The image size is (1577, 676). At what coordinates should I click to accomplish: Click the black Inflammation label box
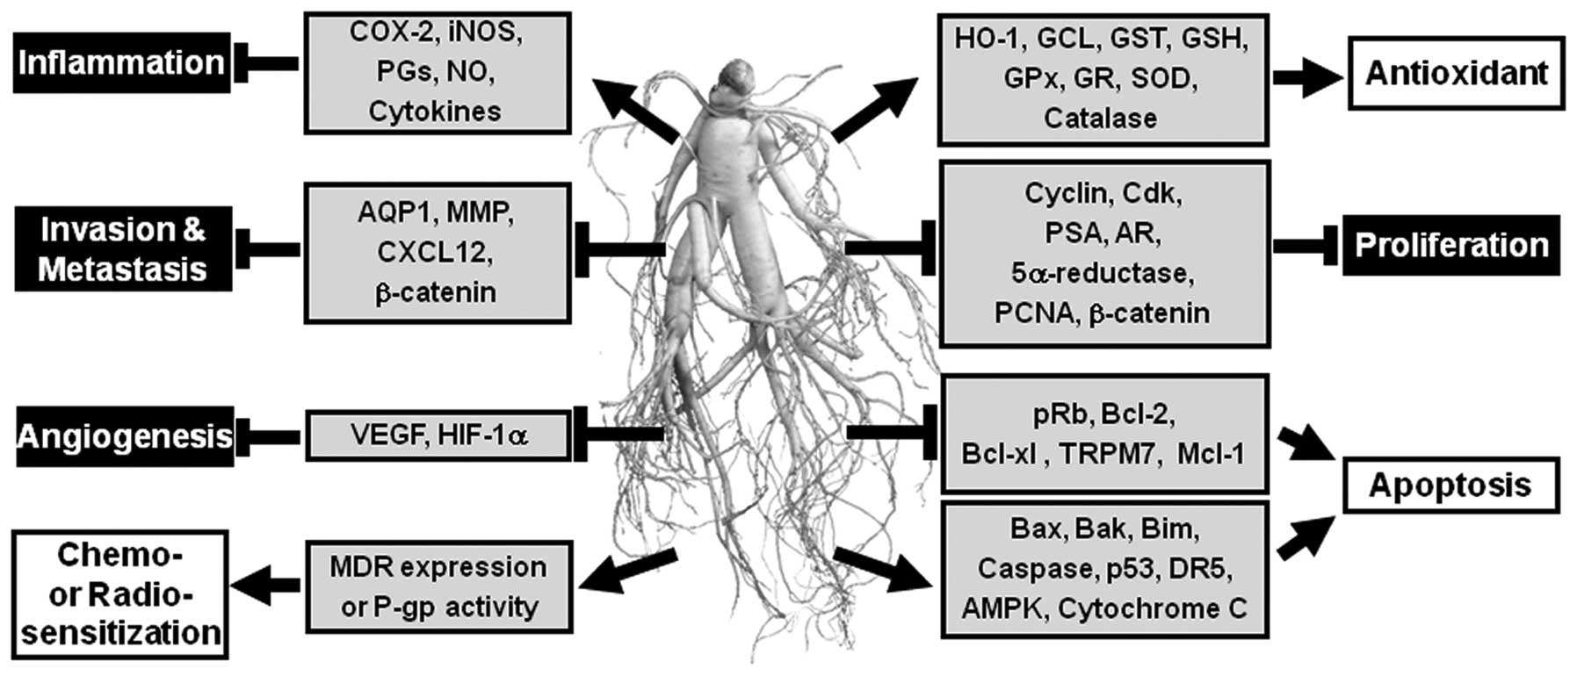121,63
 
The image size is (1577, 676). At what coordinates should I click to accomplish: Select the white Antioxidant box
1456,73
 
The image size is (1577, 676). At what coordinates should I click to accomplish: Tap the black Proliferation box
1450,245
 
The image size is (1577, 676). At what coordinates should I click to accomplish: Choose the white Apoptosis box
1450,485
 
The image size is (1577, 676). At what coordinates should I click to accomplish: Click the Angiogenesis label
125,436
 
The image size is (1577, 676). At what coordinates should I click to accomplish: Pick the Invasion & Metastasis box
123,249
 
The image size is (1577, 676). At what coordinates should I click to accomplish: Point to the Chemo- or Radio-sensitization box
120,594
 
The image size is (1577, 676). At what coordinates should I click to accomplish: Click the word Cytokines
435,111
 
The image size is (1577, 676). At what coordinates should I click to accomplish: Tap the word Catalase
1100,118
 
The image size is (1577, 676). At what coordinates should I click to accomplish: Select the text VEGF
387,434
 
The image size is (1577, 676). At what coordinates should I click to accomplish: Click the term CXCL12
435,252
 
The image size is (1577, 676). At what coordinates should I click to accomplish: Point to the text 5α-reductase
1102,273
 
